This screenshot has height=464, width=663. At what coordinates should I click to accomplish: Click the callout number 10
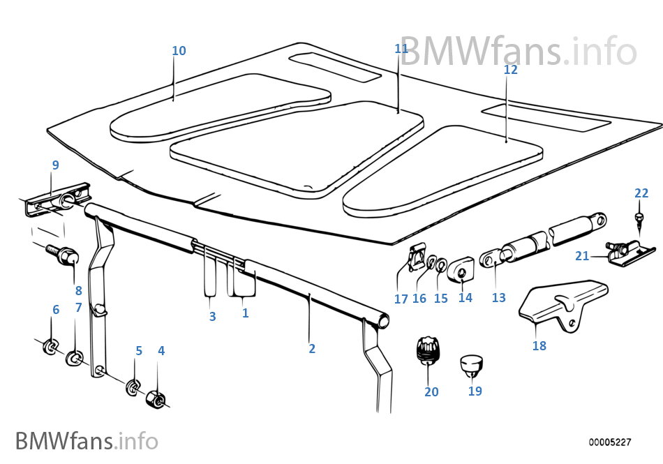pos(179,51)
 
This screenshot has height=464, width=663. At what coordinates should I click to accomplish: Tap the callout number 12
pos(511,70)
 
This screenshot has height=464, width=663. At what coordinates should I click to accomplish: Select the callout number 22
pos(641,193)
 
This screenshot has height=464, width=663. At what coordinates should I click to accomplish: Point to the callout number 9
pos(55,165)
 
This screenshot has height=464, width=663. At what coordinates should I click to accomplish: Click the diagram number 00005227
pos(609,442)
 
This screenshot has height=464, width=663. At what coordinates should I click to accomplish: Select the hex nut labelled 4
pos(157,399)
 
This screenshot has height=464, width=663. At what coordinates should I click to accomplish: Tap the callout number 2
pos(312,349)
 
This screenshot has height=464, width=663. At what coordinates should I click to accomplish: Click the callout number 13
pos(498,297)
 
